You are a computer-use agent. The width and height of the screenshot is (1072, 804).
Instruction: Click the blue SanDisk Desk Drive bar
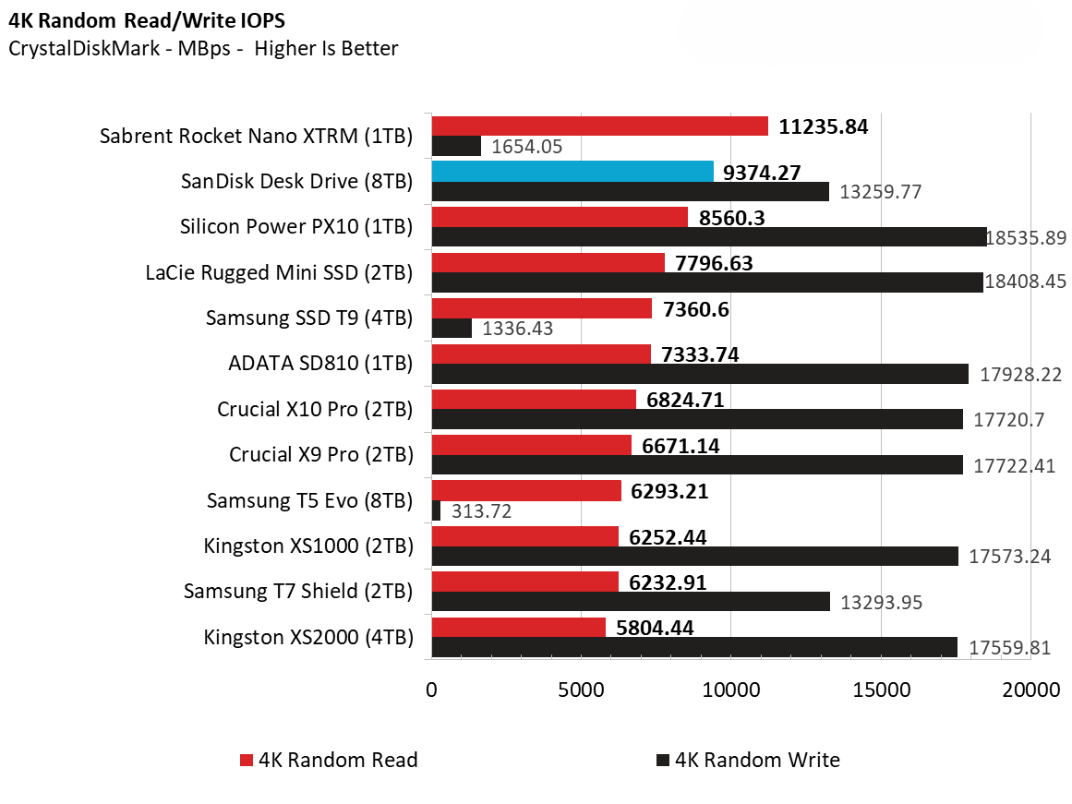coord(572,172)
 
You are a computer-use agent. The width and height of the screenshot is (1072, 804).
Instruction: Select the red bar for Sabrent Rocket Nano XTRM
coord(599,126)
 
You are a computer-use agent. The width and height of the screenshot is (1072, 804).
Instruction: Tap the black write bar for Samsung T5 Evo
coord(436,510)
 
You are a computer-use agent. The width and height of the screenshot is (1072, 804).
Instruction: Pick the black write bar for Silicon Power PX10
coord(708,237)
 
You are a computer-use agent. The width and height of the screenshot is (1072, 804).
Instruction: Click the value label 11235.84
coord(824,127)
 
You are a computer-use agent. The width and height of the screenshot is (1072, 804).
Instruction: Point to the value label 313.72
coord(479,511)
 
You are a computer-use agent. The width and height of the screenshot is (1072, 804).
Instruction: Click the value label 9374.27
coord(763,173)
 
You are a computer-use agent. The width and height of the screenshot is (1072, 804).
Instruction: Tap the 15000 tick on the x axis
coord(881,690)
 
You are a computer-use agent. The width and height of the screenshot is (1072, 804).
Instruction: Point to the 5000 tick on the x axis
coord(581,690)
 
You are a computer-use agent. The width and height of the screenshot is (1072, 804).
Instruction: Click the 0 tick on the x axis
coord(431,690)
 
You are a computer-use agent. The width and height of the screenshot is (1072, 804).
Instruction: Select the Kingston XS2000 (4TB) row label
coord(307,636)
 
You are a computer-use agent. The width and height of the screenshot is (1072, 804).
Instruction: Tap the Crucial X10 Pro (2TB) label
coord(315,408)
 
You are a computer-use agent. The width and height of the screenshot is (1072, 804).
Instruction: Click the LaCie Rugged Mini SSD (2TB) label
coord(279,272)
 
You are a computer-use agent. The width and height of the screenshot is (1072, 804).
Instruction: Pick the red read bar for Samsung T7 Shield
coord(524,582)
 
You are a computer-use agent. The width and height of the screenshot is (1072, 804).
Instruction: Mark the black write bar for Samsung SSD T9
coord(452,328)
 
